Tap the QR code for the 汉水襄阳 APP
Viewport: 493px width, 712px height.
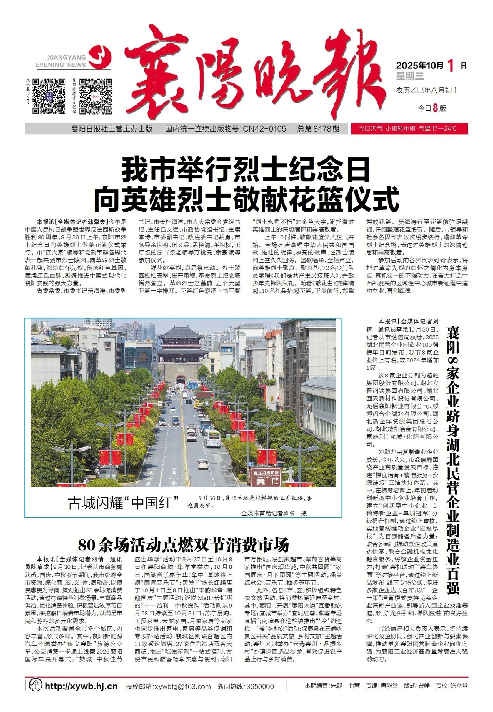click(49, 96)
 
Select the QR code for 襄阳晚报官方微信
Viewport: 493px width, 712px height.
click(96, 96)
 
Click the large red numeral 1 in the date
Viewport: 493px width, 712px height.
click(451, 66)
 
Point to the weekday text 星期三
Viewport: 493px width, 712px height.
click(410, 76)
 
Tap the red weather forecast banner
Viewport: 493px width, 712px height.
click(409, 129)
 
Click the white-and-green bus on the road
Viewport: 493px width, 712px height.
click(212, 438)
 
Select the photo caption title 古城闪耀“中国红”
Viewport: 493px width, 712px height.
click(124, 503)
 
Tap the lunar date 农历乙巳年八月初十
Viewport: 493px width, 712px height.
click(427, 90)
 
